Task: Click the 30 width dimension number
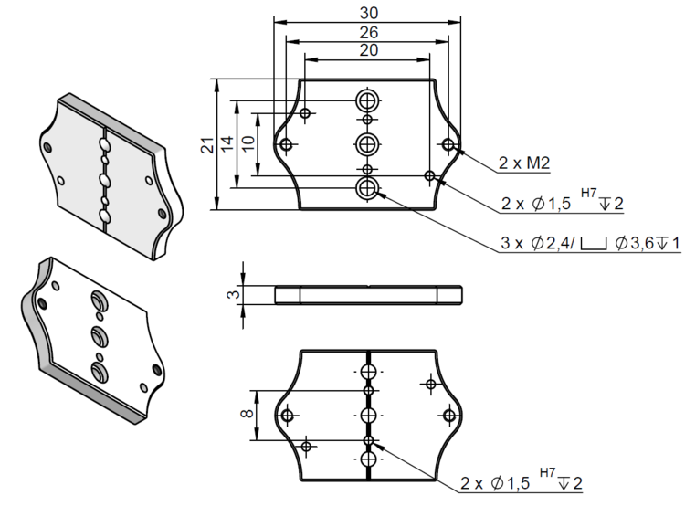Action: coord(368,13)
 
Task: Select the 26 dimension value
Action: coord(368,32)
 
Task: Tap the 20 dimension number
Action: coord(368,50)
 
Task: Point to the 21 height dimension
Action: coord(208,144)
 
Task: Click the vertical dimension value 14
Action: coord(227,144)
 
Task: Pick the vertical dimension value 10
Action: coord(248,143)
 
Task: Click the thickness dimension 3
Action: coord(234,294)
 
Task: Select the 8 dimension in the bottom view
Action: coord(248,414)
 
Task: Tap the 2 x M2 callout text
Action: coord(524,163)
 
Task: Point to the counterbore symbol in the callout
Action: coord(594,244)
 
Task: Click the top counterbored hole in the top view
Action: coord(368,101)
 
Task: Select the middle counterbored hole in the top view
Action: coord(368,143)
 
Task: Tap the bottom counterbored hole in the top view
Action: coord(368,188)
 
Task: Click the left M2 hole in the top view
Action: coord(286,143)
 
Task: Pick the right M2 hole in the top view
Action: coord(448,143)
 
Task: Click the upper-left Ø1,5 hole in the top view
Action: coord(305,113)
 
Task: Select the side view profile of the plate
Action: coord(368,294)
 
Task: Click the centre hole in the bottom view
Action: coord(368,415)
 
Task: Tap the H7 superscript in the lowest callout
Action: coord(547,472)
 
